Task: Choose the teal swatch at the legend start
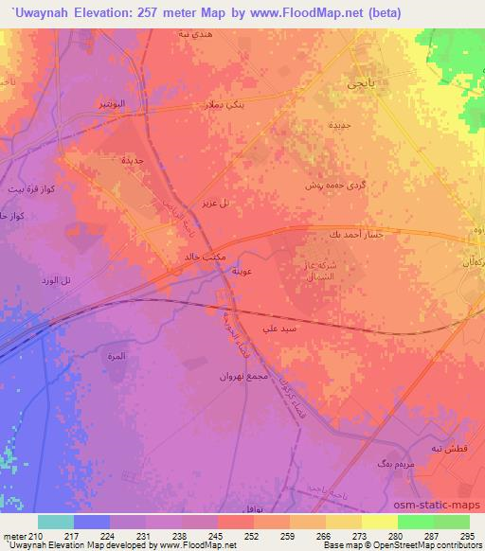click(x=56, y=522)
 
